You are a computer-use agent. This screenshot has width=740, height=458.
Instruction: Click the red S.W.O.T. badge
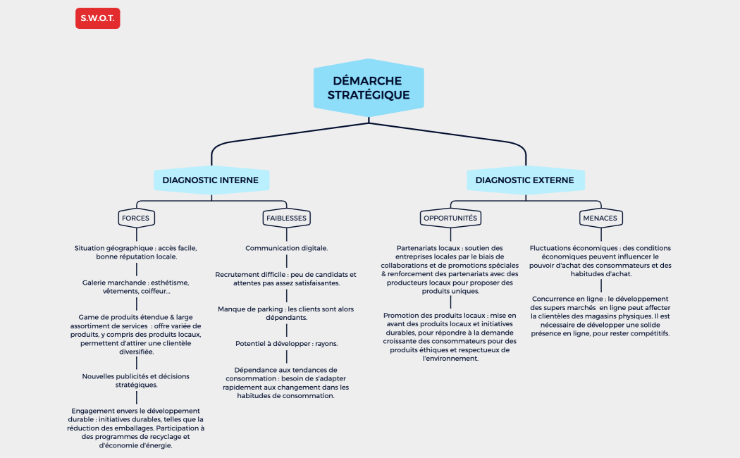tap(97, 18)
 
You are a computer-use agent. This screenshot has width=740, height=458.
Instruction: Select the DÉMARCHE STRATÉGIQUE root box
tap(369, 88)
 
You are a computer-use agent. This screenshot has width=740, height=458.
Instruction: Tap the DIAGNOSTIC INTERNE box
tap(210, 180)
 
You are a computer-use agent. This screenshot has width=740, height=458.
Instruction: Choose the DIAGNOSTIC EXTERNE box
tap(524, 180)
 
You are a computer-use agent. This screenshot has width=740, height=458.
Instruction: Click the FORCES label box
tap(135, 218)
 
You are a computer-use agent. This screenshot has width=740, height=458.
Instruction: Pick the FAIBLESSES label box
tap(286, 218)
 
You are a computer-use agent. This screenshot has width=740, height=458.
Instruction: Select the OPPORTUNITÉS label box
tap(450, 218)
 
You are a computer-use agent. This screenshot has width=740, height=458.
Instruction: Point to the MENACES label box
tap(600, 218)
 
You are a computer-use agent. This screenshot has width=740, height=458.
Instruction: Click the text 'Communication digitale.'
tap(286, 248)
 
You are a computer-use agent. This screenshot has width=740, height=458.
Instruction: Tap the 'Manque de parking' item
tap(286, 314)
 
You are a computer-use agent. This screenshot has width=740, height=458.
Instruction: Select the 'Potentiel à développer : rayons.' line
tap(286, 344)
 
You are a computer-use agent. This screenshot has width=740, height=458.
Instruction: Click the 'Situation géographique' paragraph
tap(136, 252)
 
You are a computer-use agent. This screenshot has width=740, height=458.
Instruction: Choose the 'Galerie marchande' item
tap(136, 287)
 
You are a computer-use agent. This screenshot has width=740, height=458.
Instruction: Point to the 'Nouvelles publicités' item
tap(136, 380)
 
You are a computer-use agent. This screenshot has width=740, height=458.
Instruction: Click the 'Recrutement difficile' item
tap(286, 278)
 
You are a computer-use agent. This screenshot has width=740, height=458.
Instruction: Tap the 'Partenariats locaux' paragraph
tap(450, 269)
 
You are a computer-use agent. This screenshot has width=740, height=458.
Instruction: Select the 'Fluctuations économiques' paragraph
tap(600, 261)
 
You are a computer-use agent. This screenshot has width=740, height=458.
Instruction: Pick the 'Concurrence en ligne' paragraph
tap(600, 316)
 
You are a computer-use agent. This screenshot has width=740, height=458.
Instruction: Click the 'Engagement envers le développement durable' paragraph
tap(136, 428)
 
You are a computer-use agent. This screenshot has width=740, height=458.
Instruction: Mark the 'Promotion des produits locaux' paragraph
tap(450, 337)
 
